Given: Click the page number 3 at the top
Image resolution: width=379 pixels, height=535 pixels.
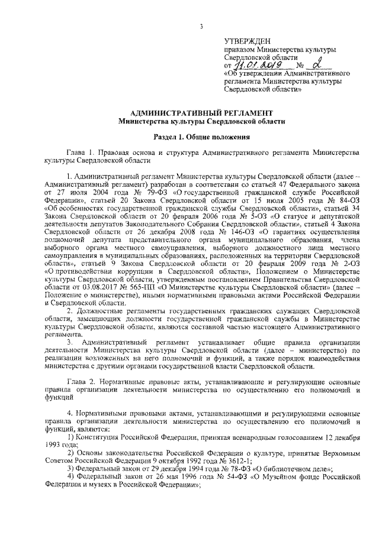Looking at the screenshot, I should pos(201,25).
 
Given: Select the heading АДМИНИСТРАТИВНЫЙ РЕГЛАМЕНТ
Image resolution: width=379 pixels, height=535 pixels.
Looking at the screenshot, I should pos(201,112).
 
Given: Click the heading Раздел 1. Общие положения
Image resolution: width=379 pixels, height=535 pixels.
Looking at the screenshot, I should pos(201,138).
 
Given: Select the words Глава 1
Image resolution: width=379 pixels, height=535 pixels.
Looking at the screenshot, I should pos(82,152).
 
